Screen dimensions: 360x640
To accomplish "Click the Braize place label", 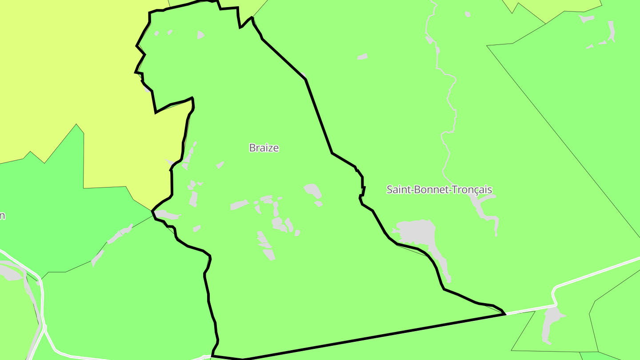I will point(264,148).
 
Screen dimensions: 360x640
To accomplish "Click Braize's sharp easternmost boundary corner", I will point(505,314).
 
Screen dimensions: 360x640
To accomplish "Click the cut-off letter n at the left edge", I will point(2,216).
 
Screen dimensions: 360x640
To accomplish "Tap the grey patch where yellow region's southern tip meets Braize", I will point(168,215).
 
